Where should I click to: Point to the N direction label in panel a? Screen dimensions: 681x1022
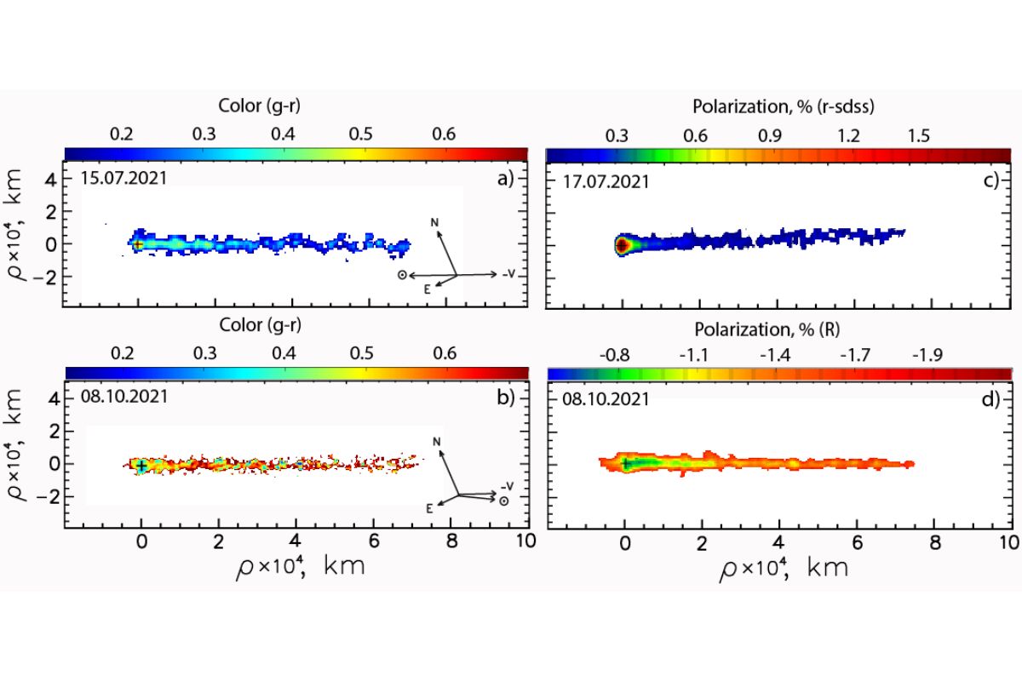[434, 223]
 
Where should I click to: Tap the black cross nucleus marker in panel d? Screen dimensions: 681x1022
[626, 463]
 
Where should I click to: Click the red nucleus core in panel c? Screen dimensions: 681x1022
[622, 245]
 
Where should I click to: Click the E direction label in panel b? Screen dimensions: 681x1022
[429, 508]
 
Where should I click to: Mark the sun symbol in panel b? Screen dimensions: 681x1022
[504, 501]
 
